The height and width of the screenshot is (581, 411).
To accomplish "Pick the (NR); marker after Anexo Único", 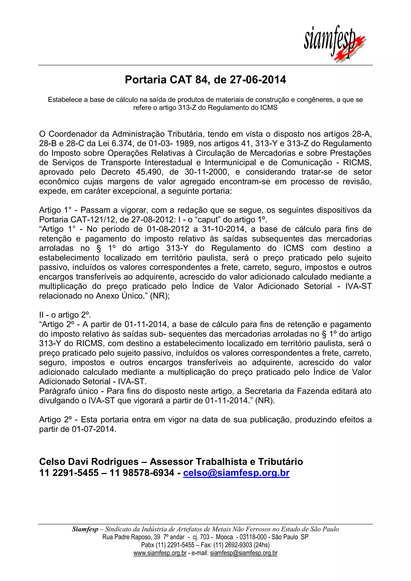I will coord(160,296).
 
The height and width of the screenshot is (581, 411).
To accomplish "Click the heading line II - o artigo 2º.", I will coord(65,315).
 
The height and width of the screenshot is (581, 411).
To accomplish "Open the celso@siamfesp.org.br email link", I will coord(236,473).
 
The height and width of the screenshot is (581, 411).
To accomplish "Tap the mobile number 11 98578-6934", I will coord(142,473).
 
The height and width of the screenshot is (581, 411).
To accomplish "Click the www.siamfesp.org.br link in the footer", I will coord(160,553).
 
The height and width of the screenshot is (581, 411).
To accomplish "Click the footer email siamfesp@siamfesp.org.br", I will coord(244,553).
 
